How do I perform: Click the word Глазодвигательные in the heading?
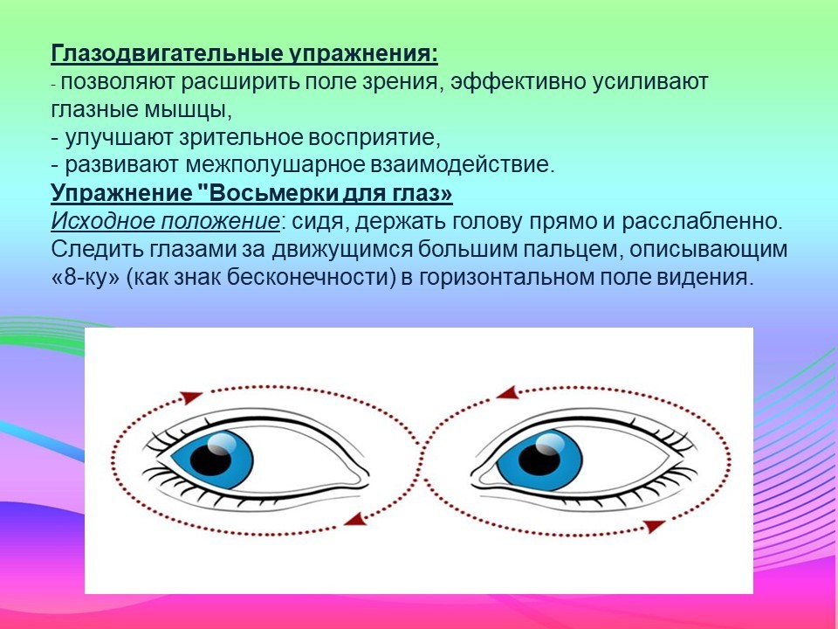tap(166, 54)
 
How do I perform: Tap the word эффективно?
tap(517, 82)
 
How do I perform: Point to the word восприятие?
tap(374, 138)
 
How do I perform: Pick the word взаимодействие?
tap(460, 165)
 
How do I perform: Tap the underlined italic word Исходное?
tap(103, 221)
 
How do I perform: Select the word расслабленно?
tap(702, 221)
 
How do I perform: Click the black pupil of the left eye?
tap(210, 460)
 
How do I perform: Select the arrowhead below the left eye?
tap(355, 518)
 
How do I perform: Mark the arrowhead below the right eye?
tap(654, 526)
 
